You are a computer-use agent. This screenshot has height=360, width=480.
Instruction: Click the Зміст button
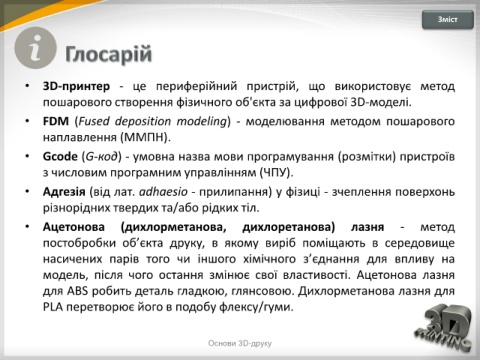tap(448, 20)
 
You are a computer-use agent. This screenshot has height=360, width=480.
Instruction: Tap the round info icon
tap(35, 48)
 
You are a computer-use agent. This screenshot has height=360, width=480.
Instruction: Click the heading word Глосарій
tap(109, 54)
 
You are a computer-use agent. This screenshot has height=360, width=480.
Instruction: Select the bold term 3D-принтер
tap(76, 86)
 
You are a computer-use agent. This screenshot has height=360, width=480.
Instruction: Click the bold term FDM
tap(56, 121)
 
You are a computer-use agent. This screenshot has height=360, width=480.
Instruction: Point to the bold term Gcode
tap(60, 156)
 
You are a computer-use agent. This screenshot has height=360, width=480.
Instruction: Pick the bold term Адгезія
tap(64, 192)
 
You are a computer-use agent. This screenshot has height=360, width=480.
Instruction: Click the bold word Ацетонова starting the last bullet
tap(74, 227)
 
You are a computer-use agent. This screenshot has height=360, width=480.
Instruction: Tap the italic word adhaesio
tap(163, 192)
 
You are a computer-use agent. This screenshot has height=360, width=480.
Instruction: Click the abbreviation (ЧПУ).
tap(276, 172)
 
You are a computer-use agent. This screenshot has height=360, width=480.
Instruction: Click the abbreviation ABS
tap(77, 291)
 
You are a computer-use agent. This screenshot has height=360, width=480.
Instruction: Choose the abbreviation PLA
tap(53, 307)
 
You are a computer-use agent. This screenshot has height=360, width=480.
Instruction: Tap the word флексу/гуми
tap(256, 307)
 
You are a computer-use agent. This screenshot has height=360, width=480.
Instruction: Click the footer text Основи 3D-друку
tap(240, 343)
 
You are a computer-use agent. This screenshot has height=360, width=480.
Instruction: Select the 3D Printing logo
tap(443, 327)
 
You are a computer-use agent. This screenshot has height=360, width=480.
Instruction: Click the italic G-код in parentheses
tap(101, 156)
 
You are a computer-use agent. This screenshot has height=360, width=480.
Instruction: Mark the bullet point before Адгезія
tap(27, 191)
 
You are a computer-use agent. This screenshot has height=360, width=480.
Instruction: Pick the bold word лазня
tap(367, 227)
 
